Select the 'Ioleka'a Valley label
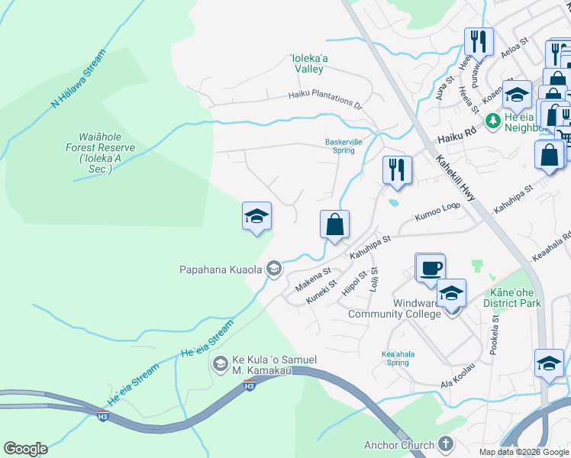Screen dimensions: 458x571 308,63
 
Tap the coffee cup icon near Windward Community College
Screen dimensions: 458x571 431,267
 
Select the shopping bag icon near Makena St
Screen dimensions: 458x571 334,225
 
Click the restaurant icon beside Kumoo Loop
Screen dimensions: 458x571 397,169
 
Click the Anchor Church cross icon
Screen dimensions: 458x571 447,444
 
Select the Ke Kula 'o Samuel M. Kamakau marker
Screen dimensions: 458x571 221,363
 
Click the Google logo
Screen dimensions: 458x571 25,449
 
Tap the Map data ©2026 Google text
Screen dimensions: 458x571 524,452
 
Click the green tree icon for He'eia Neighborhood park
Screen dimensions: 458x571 492,119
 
